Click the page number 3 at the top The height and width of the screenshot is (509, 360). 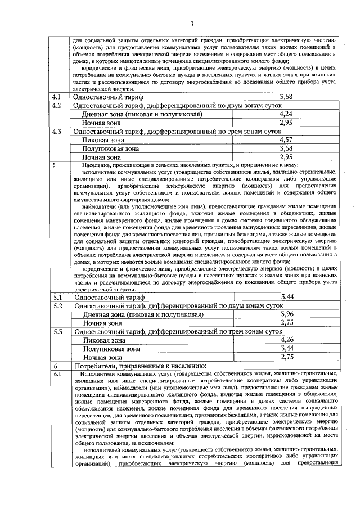click(x=191, y=24)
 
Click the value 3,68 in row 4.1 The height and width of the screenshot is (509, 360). click(x=286, y=97)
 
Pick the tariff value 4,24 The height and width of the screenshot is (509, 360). click(x=286, y=114)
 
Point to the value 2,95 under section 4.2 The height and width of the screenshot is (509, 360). click(x=286, y=122)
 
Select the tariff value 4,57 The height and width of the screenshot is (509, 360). click(x=286, y=139)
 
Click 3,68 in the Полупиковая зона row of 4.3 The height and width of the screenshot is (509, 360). click(x=286, y=148)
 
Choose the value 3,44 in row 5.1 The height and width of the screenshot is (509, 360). click(x=287, y=296)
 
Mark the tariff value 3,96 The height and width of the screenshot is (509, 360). click(x=287, y=314)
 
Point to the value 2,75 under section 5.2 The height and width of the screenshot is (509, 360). click(x=287, y=322)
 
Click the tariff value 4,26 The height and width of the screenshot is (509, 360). click(x=287, y=340)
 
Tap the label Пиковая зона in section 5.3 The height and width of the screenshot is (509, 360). click(x=103, y=340)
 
